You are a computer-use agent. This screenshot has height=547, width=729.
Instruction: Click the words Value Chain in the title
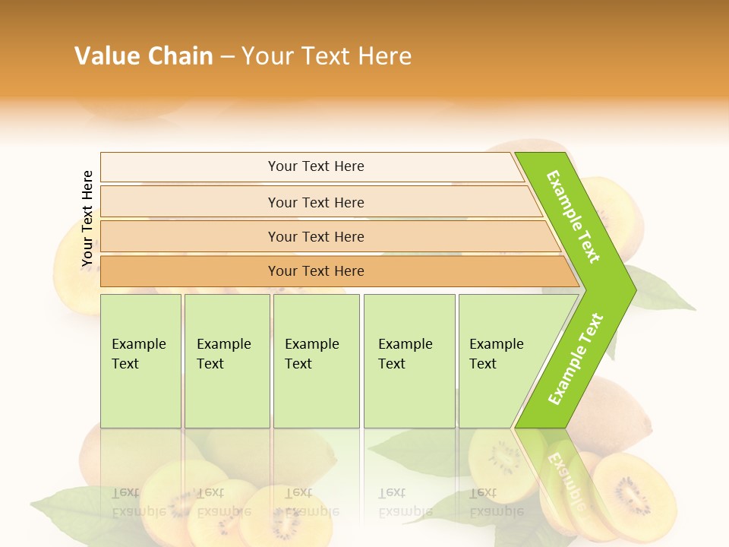144,56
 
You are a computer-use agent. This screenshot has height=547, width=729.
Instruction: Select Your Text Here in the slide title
327,56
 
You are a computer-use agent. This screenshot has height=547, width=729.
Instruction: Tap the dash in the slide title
227,57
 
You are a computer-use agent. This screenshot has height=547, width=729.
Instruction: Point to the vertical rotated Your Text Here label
87,219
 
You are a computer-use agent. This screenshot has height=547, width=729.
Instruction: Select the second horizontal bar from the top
315,202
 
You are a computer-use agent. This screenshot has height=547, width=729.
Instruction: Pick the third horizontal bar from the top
315,236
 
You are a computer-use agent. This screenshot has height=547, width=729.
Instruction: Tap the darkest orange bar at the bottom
315,271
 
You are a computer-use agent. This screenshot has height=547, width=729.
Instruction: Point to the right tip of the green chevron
633,289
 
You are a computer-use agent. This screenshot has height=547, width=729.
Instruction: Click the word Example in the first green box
138,344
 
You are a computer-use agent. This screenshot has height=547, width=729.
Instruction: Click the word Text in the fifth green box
482,364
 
